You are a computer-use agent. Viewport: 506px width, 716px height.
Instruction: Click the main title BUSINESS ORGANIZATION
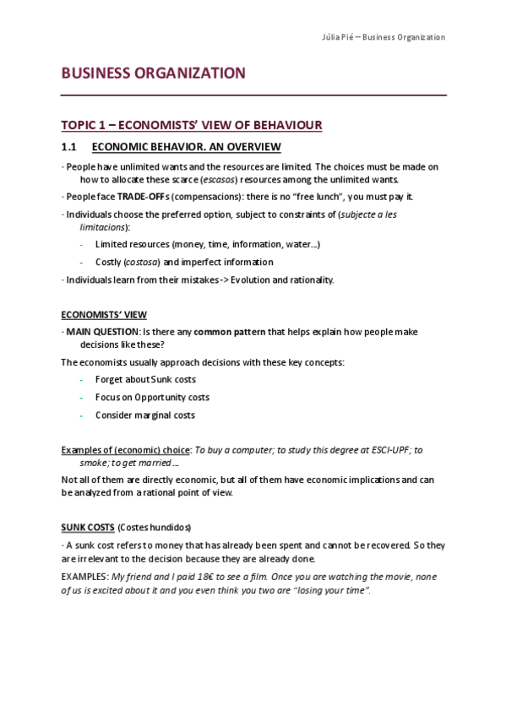[154, 73]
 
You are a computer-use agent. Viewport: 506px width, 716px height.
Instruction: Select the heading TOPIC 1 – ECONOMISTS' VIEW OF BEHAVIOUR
[192, 126]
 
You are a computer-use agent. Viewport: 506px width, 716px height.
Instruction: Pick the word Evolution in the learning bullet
[254, 279]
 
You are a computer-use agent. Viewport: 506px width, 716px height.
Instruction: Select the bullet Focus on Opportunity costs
[152, 397]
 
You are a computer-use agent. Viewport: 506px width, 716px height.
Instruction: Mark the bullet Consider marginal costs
[144, 415]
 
